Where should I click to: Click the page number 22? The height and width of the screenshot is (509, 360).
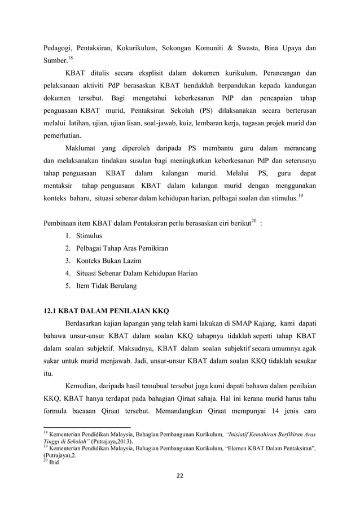(179, 479)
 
